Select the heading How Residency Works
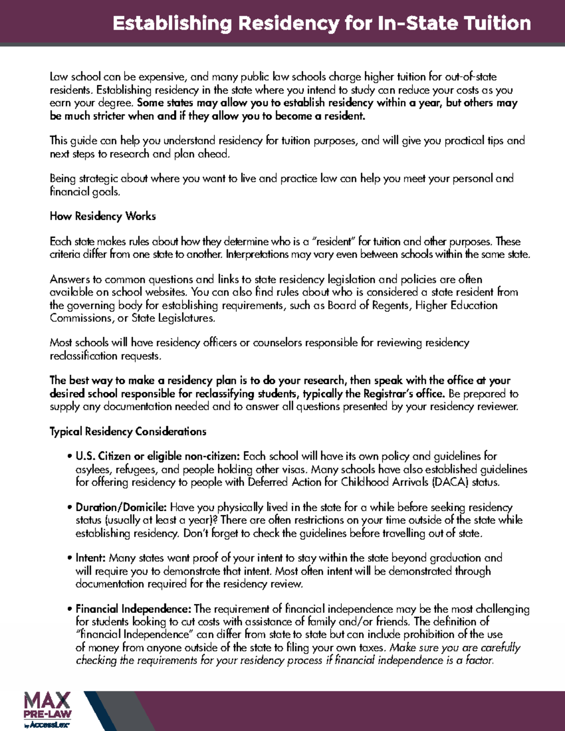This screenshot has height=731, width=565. pos(103,217)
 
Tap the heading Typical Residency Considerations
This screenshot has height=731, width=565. pos(128,432)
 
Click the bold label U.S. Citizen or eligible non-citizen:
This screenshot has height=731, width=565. pos(158,456)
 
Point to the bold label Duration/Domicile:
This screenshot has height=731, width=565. pos(121,507)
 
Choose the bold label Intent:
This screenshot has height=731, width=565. pos(91,558)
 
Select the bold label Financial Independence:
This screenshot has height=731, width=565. pos(133,609)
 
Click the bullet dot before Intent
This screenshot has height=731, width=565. pos(70,559)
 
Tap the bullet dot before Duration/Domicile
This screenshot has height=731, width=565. pos(70,508)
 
